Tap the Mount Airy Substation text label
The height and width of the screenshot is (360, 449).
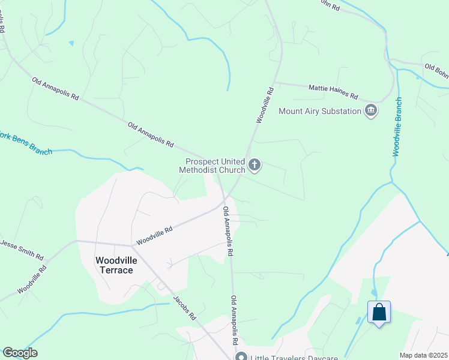(320, 111)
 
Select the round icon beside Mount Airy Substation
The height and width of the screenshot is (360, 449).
(371, 110)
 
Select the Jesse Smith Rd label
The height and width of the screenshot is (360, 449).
(23, 249)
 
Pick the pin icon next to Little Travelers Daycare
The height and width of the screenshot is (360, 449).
(241, 356)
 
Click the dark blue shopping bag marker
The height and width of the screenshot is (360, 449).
(379, 313)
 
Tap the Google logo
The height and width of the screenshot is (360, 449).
(20, 353)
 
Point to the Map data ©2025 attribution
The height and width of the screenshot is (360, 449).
(423, 355)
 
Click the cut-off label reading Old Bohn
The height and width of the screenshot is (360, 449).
(436, 71)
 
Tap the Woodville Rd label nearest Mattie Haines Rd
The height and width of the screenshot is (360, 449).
(265, 106)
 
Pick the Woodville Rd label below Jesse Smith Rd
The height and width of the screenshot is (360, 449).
(32, 280)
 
